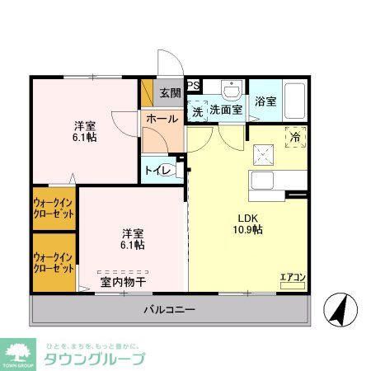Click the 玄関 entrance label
[x=171, y=92]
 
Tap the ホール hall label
[x=162, y=119]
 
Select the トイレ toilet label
[x=158, y=171]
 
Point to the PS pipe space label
[x=193, y=85]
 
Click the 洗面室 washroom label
[x=224, y=109]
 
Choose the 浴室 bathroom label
[x=265, y=101]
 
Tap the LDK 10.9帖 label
[x=246, y=223]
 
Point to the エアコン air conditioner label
[x=292, y=277]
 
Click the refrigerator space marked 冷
[x=295, y=137]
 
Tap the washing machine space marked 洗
[x=198, y=110]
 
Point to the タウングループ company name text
[x=93, y=359]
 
